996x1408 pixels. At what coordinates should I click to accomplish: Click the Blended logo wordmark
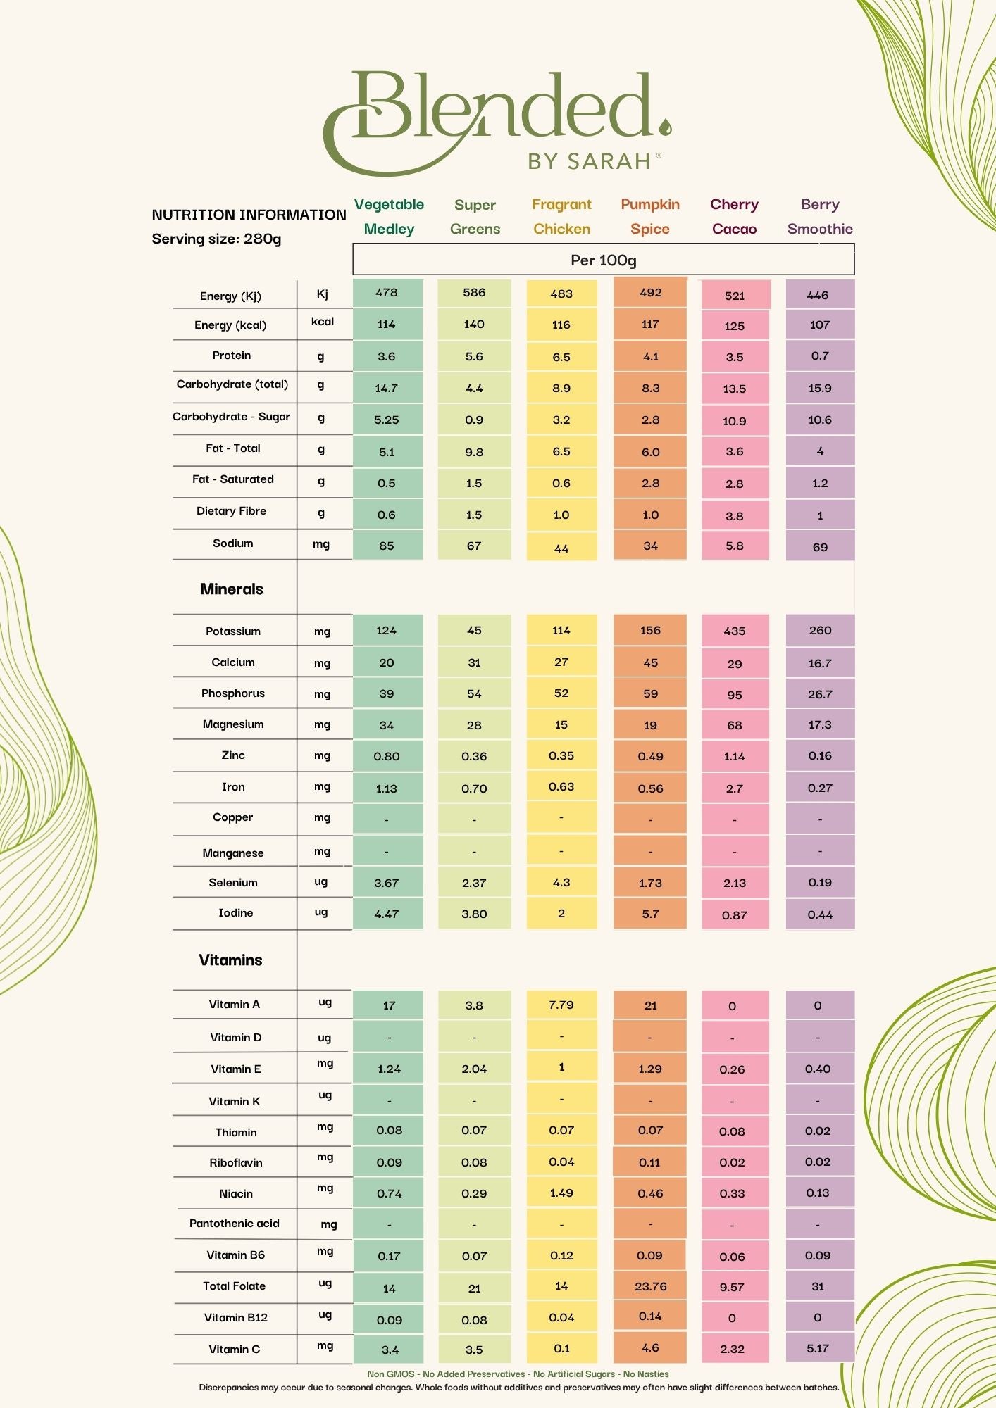pyautogui.click(x=497, y=113)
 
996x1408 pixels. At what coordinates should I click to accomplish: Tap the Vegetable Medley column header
pyautogui.click(x=389, y=216)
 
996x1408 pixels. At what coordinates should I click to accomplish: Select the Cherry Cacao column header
pyautogui.click(x=734, y=216)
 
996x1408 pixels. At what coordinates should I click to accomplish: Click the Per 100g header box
pyautogui.click(x=603, y=260)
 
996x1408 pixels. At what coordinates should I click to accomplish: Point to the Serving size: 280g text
pyautogui.click(x=216, y=239)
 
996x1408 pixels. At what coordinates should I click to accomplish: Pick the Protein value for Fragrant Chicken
pyautogui.click(x=561, y=357)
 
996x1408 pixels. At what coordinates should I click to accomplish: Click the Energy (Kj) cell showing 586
pyautogui.click(x=474, y=292)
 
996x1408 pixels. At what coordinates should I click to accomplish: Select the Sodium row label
pyautogui.click(x=232, y=543)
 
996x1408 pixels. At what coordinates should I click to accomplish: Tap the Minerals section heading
pyautogui.click(x=231, y=589)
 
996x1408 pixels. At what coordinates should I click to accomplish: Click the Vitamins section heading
pyautogui.click(x=230, y=960)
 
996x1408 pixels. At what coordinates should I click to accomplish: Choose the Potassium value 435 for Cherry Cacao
pyautogui.click(x=734, y=631)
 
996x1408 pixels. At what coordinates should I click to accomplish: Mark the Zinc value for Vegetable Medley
pyautogui.click(x=386, y=756)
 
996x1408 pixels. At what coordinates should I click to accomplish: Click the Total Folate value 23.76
pyautogui.click(x=650, y=1286)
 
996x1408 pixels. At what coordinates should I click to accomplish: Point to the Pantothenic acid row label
pyautogui.click(x=234, y=1224)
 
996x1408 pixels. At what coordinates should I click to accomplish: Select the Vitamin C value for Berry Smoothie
pyautogui.click(x=818, y=1348)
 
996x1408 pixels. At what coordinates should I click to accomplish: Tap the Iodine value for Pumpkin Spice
pyautogui.click(x=650, y=914)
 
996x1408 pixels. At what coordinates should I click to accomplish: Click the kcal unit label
pyautogui.click(x=322, y=322)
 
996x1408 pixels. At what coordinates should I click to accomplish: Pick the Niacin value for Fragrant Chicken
pyautogui.click(x=561, y=1193)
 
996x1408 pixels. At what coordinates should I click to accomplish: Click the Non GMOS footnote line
pyautogui.click(x=518, y=1374)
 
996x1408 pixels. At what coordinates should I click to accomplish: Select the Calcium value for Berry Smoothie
pyautogui.click(x=820, y=663)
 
